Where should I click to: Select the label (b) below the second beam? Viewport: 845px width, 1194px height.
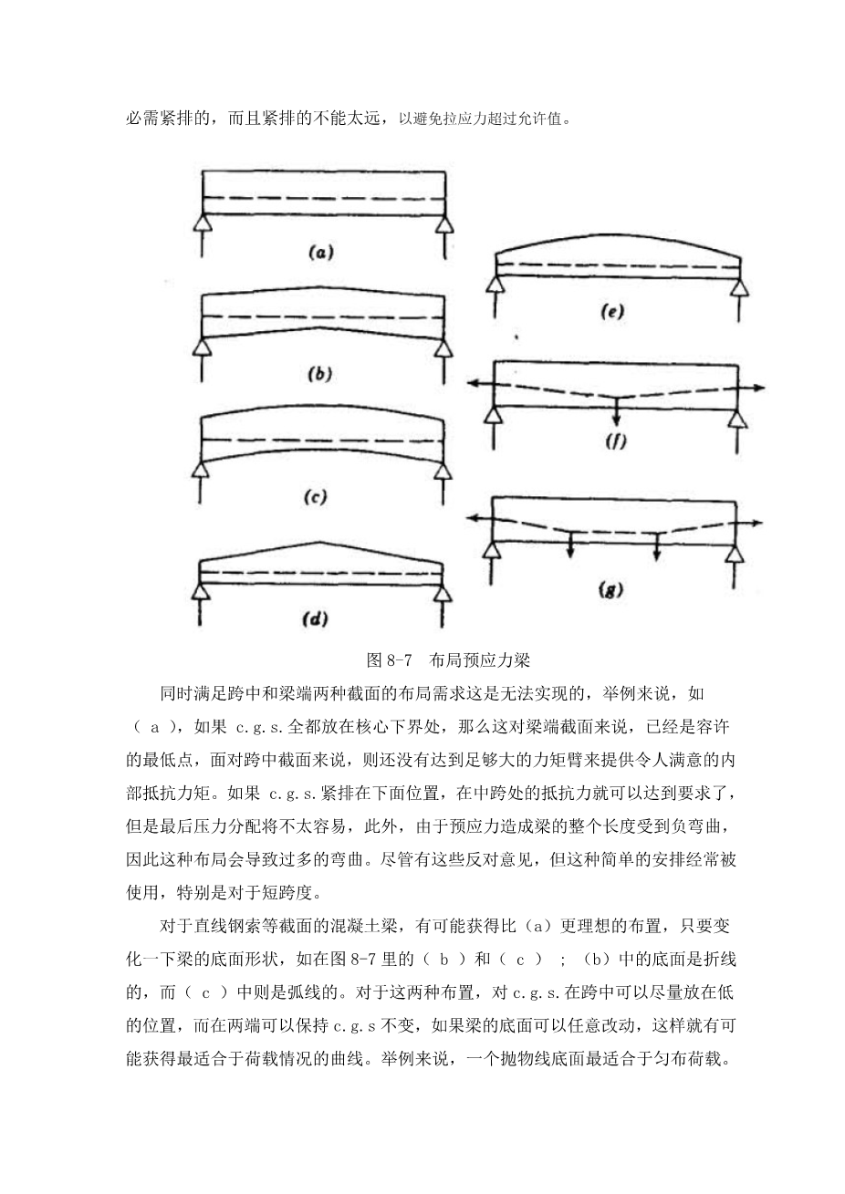click(320, 375)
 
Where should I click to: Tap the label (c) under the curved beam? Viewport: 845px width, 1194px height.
click(314, 497)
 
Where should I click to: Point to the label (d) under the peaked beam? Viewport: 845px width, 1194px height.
click(314, 619)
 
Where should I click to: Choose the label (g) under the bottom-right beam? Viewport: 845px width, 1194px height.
click(610, 590)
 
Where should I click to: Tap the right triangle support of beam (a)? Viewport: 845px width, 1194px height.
click(443, 224)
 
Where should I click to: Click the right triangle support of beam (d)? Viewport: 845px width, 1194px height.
click(443, 595)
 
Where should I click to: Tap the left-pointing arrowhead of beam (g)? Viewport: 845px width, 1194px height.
click(474, 517)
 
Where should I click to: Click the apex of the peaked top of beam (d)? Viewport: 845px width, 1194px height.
click(320, 542)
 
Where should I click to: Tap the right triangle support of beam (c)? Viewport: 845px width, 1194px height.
click(443, 472)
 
